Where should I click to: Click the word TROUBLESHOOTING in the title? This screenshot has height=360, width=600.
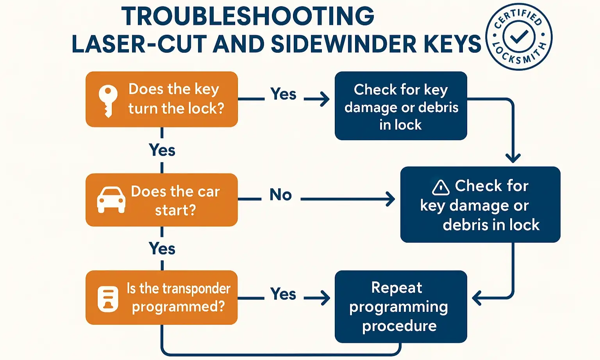248,16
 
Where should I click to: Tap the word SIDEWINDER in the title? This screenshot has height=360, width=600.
343,44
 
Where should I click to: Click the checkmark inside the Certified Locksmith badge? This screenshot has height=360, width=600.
519,37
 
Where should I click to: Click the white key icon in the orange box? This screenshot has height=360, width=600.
108,100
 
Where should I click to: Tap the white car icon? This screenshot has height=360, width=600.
111,200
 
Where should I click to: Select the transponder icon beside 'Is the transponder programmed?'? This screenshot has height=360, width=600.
108,299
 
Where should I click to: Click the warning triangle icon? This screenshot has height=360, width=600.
441,188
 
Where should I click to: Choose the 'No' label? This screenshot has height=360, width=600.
280,195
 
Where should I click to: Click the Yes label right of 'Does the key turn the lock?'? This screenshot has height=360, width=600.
283,94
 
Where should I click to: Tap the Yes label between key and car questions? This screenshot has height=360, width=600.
162,150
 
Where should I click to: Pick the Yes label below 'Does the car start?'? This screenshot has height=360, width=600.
162,249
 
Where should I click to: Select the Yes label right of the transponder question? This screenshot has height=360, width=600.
283,294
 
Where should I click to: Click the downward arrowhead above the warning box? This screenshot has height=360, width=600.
513,158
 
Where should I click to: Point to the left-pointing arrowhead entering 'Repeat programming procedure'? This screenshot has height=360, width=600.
477,298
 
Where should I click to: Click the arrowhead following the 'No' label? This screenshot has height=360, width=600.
390,199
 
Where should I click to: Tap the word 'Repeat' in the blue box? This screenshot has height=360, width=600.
396,288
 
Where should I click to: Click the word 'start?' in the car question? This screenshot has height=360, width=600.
175,211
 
